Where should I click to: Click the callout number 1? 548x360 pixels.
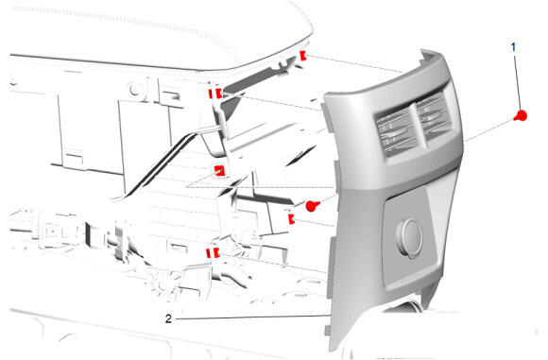pyautogui.click(x=513, y=47)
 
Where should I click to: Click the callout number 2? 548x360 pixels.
pyautogui.click(x=168, y=318)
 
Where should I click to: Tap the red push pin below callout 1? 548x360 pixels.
pyautogui.click(x=521, y=115)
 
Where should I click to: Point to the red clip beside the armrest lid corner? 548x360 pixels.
pyautogui.click(x=303, y=56)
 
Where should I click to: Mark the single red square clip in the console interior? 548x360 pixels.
pyautogui.click(x=219, y=171)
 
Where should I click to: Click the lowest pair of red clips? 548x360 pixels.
pyautogui.click(x=213, y=252)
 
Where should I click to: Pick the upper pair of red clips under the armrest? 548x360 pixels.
pyautogui.click(x=214, y=94)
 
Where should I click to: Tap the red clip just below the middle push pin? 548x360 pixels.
pyautogui.click(x=291, y=219)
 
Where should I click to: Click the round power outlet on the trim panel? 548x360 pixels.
pyautogui.click(x=410, y=238)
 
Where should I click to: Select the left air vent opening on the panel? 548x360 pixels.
pyautogui.click(x=395, y=131)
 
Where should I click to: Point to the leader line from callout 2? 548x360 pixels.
pyautogui.click(x=252, y=317)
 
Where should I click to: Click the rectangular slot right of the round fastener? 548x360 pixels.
pyautogui.click(x=172, y=94)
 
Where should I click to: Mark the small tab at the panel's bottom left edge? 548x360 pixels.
pyautogui.click(x=328, y=330)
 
